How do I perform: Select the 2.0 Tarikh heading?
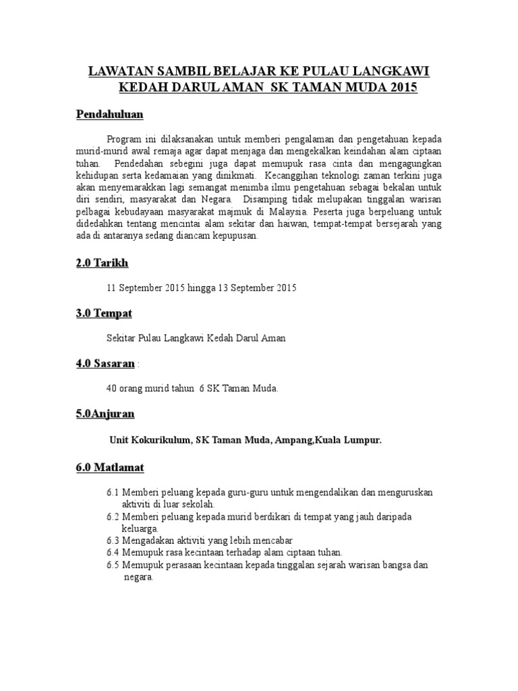pos(101,262)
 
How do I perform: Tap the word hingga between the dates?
pos(200,287)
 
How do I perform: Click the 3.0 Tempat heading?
pos(104,313)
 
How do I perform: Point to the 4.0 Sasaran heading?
pos(105,364)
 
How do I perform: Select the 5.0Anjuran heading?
pos(105,414)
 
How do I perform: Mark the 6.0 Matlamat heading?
pos(110,466)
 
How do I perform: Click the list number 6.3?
pos(113,541)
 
